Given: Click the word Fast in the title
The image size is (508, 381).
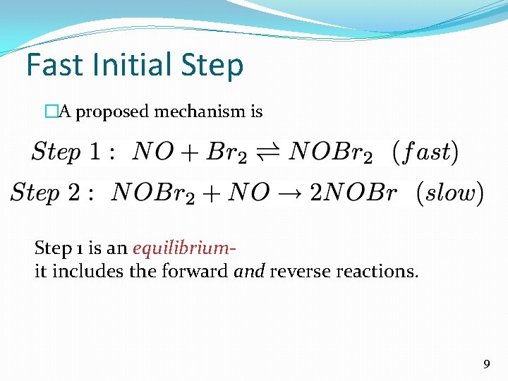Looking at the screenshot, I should tap(52, 65).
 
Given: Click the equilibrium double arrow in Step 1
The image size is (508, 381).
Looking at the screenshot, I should tap(267, 152).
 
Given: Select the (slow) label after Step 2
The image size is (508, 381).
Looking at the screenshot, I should tap(449, 192).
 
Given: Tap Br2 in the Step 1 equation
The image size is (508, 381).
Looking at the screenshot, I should tap(225, 152).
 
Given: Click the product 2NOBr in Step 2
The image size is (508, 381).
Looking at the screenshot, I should tap(353, 192).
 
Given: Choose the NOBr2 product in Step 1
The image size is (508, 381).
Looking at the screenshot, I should tap(330, 152).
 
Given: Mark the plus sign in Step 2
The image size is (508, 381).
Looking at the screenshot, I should tap(216, 192).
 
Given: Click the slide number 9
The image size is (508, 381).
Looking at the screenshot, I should tap(486, 364).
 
